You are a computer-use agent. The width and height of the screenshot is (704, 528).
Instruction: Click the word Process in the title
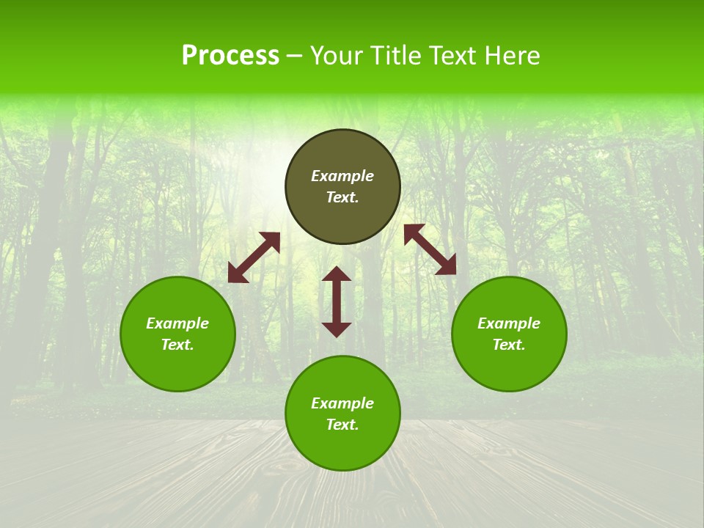click(x=230, y=56)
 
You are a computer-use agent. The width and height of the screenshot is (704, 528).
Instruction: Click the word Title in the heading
click(x=394, y=56)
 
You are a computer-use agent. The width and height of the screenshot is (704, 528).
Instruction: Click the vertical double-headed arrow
click(x=337, y=301)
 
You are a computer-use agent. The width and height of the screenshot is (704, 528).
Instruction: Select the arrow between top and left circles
click(x=254, y=257)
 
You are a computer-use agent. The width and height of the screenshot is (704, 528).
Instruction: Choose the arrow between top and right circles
click(x=430, y=249)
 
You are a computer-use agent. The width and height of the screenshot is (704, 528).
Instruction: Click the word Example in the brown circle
click(x=342, y=176)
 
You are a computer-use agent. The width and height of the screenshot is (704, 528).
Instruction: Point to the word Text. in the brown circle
click(x=342, y=197)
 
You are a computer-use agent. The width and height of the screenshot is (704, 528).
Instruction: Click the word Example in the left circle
click(x=177, y=323)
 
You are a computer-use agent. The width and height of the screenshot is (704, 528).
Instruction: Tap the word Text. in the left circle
click(x=177, y=345)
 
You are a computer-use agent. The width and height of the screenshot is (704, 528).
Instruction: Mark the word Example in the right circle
click(x=509, y=323)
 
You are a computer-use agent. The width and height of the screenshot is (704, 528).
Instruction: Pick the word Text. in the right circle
click(x=509, y=345)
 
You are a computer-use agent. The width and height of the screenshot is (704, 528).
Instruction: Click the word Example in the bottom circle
click(x=342, y=403)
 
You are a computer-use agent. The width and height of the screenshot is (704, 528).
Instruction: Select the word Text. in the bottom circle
click(x=342, y=425)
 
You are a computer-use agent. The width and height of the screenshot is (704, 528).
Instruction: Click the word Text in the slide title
click(x=451, y=56)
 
